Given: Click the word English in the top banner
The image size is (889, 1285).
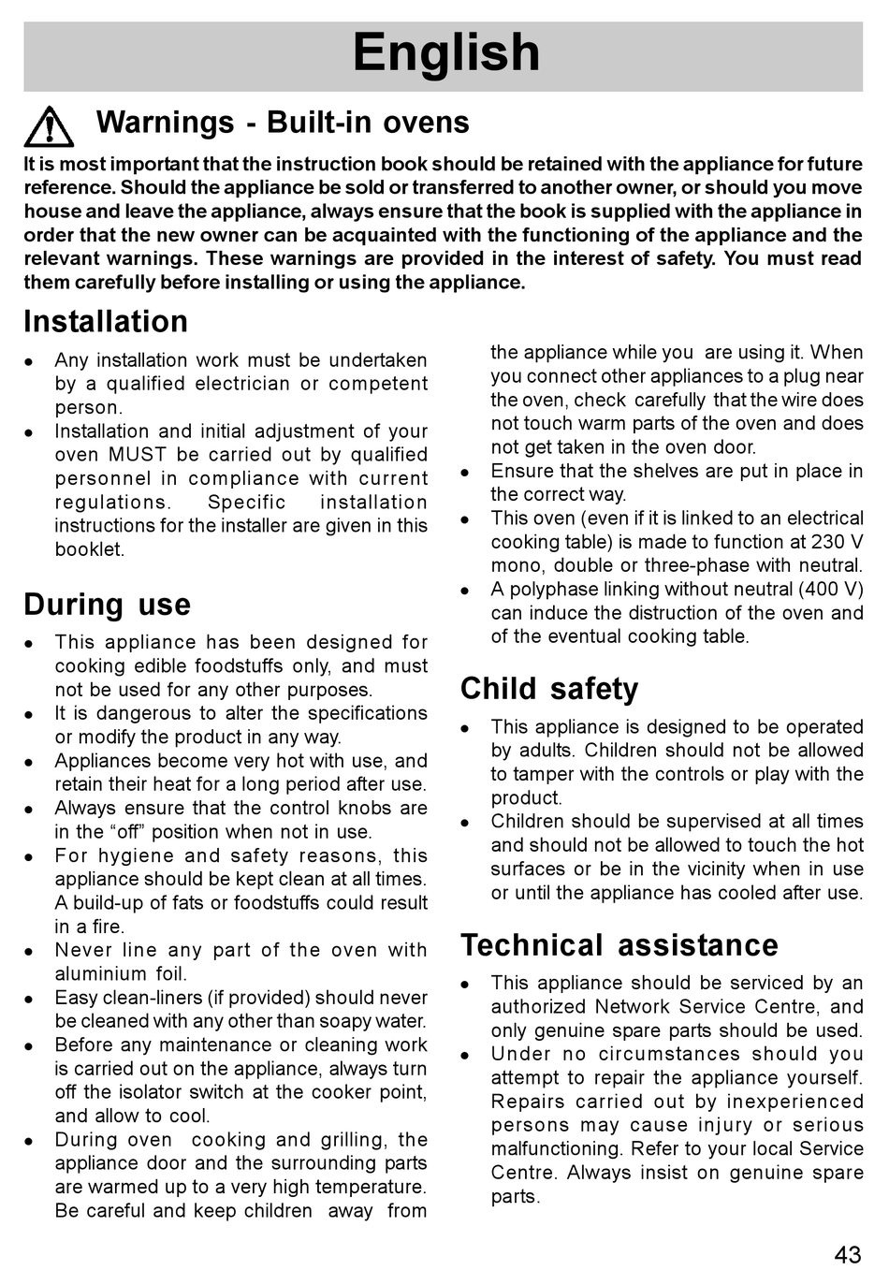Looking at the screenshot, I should [446, 53].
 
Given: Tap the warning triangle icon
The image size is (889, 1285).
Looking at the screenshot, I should [49, 126].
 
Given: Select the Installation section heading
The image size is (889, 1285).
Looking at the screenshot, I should [106, 322].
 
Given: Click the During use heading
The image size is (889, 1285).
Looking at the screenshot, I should [107, 605].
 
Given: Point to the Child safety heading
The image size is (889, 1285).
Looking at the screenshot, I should [549, 689].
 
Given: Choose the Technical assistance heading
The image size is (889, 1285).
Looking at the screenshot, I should [619, 945].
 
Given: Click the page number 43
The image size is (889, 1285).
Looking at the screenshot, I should [847, 1255].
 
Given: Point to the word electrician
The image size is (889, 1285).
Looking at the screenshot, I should [243, 384].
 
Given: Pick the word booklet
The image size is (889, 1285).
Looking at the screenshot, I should [89, 549].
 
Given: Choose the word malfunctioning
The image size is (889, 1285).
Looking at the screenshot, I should [553, 1148].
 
